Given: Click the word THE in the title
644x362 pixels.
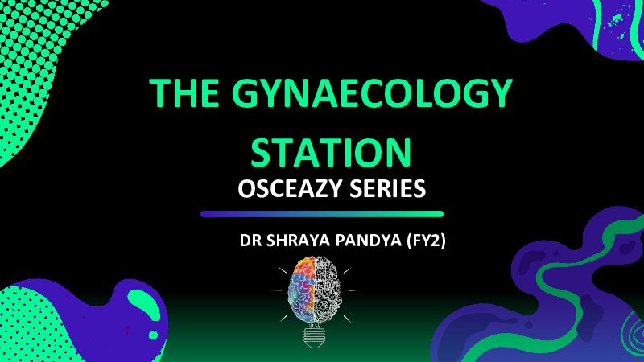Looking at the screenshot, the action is click(184, 93).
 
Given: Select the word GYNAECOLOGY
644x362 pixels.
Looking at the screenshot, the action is click(372, 93).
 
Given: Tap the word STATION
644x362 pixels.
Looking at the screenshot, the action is click(331, 152).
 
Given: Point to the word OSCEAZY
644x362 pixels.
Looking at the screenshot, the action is click(290, 189).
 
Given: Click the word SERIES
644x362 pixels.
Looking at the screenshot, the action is click(388, 189).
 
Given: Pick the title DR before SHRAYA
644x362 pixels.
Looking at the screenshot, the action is click(250, 241).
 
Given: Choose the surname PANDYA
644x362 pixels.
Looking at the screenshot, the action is click(368, 241).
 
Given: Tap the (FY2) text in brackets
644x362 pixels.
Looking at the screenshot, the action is click(426, 241).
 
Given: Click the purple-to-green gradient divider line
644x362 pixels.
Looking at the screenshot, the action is click(322, 214).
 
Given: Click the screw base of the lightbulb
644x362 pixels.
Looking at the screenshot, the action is click(315, 338).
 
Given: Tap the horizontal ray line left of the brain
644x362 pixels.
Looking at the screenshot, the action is click(276, 290).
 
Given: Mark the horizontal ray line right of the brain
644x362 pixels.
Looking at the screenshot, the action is click(353, 290).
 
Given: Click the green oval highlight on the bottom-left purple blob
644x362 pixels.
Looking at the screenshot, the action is click(144, 305).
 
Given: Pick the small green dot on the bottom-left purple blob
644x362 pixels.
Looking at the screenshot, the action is click(153, 335).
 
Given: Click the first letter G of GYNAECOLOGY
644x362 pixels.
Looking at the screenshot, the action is click(246, 93).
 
